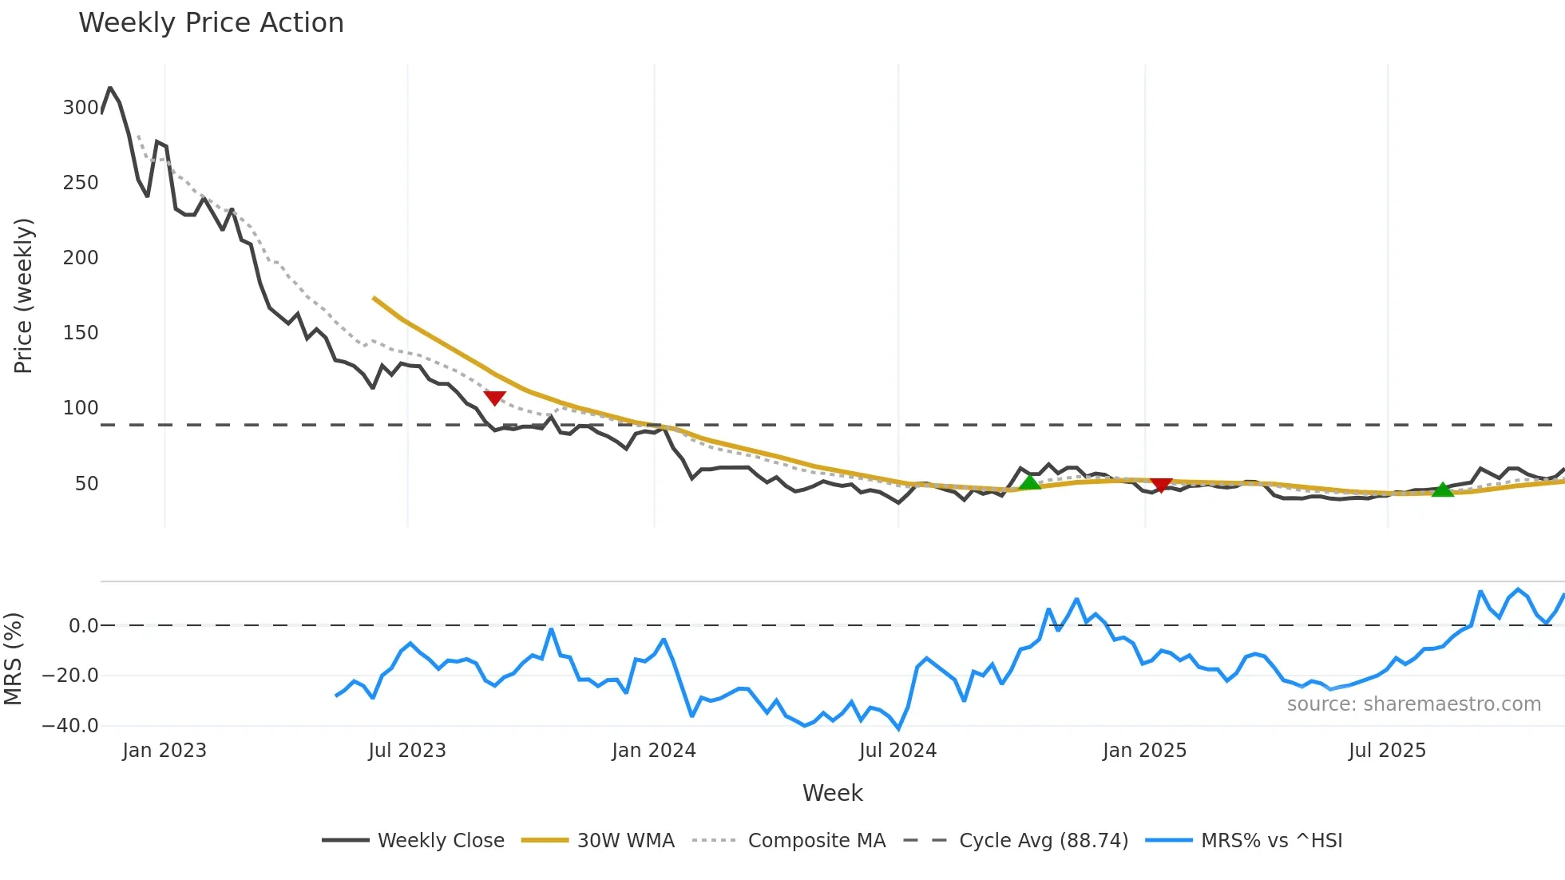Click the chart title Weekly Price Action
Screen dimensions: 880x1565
[211, 23]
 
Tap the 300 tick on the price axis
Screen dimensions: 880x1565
[81, 108]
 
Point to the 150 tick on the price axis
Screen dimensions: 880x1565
[81, 333]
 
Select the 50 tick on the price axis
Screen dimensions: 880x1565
[86, 484]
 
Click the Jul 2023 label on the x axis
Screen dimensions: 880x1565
[407, 751]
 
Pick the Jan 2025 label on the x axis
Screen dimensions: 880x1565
[1144, 751]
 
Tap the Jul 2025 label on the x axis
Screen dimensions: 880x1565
[1387, 751]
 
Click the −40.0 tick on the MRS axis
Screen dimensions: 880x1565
[70, 726]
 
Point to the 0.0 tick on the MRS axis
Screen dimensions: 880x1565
[83, 626]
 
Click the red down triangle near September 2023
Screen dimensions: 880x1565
[494, 398]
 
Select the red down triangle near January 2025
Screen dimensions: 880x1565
[1161, 485]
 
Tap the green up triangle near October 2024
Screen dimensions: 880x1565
[1030, 482]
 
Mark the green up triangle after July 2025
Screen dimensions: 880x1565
[1443, 490]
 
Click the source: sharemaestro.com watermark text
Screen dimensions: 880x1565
[1413, 704]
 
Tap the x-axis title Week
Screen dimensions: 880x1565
[832, 793]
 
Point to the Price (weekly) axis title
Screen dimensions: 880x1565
[24, 295]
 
